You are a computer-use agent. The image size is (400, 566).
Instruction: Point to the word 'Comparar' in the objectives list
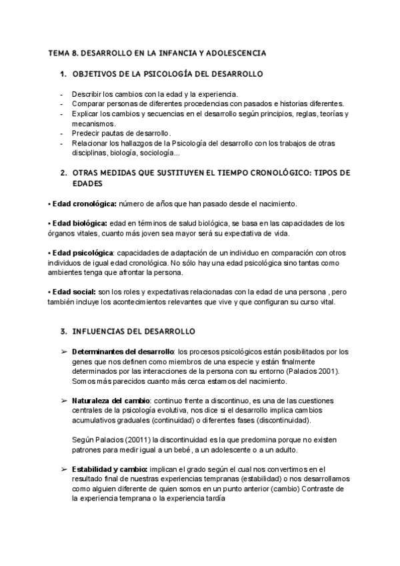click(88, 104)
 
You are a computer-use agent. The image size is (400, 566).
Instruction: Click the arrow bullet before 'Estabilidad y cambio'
click(63, 470)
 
